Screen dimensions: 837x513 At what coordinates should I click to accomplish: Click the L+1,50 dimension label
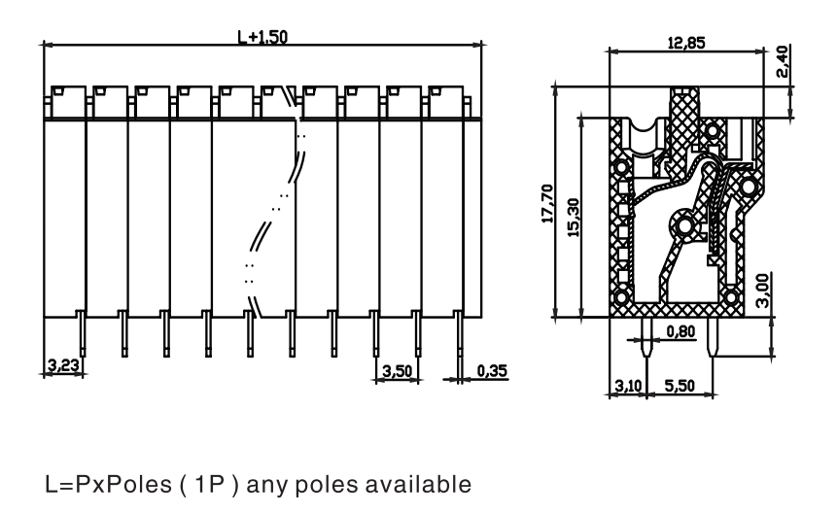click(x=262, y=37)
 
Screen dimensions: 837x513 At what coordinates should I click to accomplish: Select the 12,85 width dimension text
click(x=686, y=43)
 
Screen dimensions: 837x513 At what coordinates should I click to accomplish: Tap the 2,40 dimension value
click(x=782, y=61)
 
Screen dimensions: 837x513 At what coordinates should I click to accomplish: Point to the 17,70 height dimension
click(x=547, y=204)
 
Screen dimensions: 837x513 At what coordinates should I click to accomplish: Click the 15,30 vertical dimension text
click(x=574, y=218)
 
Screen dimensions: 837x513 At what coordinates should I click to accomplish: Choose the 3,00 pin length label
click(x=763, y=291)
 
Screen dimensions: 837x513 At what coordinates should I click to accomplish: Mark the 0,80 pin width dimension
click(x=681, y=331)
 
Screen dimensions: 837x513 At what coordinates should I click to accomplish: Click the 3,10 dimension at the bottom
click(x=628, y=385)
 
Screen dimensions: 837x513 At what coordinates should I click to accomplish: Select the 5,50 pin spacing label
click(x=680, y=385)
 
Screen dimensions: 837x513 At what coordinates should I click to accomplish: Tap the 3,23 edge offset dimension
click(x=63, y=365)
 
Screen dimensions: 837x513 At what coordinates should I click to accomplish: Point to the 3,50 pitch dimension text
click(x=398, y=370)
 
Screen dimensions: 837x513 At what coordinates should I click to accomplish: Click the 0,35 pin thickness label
click(x=492, y=370)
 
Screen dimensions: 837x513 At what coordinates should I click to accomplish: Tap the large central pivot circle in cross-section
click(x=683, y=227)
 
